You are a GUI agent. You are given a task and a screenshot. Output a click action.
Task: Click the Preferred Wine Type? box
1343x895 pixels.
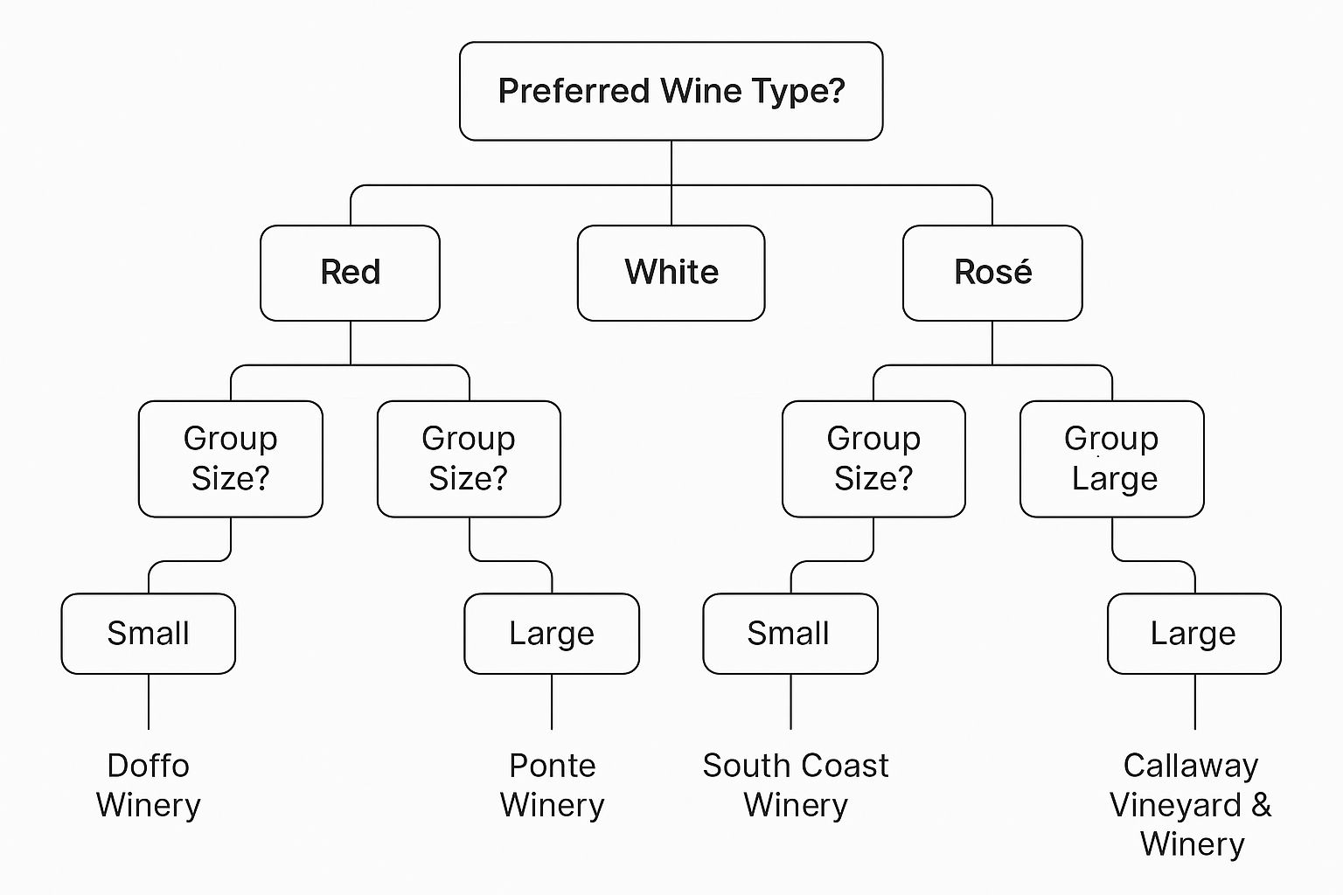pyautogui.click(x=671, y=91)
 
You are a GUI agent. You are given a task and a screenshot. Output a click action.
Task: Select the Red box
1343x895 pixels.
pyautogui.click(x=350, y=273)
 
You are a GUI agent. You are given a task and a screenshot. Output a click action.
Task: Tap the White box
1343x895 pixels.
pyautogui.click(x=671, y=273)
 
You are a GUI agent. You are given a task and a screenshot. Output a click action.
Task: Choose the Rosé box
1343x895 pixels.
pyautogui.click(x=992, y=273)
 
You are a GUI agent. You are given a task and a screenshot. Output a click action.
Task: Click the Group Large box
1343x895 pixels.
pyautogui.click(x=1111, y=459)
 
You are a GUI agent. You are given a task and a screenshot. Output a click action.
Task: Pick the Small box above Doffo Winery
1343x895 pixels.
pyautogui.click(x=148, y=634)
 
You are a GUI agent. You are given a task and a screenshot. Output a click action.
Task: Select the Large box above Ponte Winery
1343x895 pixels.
pyautogui.click(x=552, y=634)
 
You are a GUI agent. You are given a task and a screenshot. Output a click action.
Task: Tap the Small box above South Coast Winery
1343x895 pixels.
pyautogui.click(x=790, y=634)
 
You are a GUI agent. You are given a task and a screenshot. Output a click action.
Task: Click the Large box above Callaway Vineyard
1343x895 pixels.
pyautogui.click(x=1194, y=634)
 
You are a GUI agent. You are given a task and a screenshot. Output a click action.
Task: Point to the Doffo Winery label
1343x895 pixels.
pyautogui.click(x=148, y=785)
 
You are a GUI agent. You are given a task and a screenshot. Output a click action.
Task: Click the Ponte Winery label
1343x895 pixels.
pyautogui.click(x=553, y=785)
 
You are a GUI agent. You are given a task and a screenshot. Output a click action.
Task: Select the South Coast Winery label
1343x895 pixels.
pyautogui.click(x=796, y=785)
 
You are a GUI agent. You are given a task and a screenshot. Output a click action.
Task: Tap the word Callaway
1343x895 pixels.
pyautogui.click(x=1191, y=767)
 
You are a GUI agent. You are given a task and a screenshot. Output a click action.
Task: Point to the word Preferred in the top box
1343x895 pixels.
pyautogui.click(x=574, y=91)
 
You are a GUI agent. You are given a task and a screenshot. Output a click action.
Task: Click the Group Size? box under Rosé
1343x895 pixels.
pyautogui.click(x=873, y=459)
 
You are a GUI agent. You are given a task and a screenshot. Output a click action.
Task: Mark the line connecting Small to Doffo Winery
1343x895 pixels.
pyautogui.click(x=149, y=701)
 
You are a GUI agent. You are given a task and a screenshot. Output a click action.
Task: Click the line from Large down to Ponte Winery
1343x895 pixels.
pyautogui.click(x=552, y=701)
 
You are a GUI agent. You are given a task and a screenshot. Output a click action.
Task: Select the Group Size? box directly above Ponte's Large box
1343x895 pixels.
pyautogui.click(x=469, y=459)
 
